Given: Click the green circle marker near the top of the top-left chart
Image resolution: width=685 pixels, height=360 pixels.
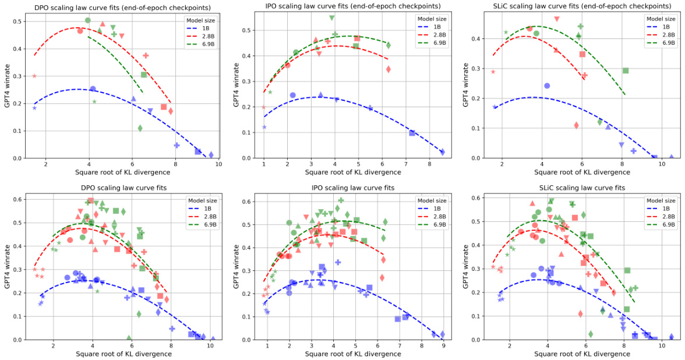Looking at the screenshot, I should pos(88,20).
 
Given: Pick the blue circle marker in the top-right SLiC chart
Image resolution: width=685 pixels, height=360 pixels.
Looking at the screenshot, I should pos(547,86).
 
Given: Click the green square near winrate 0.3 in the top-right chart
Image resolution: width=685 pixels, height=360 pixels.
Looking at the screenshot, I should pos(626,70).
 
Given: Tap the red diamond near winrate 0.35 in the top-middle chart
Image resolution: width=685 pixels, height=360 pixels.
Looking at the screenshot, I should pos(389,69).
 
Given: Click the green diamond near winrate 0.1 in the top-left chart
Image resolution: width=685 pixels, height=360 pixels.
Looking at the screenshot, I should pos(140,128).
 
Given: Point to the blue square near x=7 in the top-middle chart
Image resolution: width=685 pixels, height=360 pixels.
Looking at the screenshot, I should pos(412,133).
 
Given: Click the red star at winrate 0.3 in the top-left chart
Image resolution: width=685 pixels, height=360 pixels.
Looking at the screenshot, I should pos(34,76).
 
